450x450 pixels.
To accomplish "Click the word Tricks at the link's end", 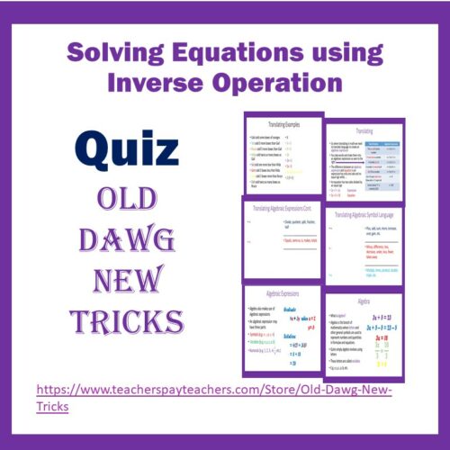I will pos(53,409).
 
